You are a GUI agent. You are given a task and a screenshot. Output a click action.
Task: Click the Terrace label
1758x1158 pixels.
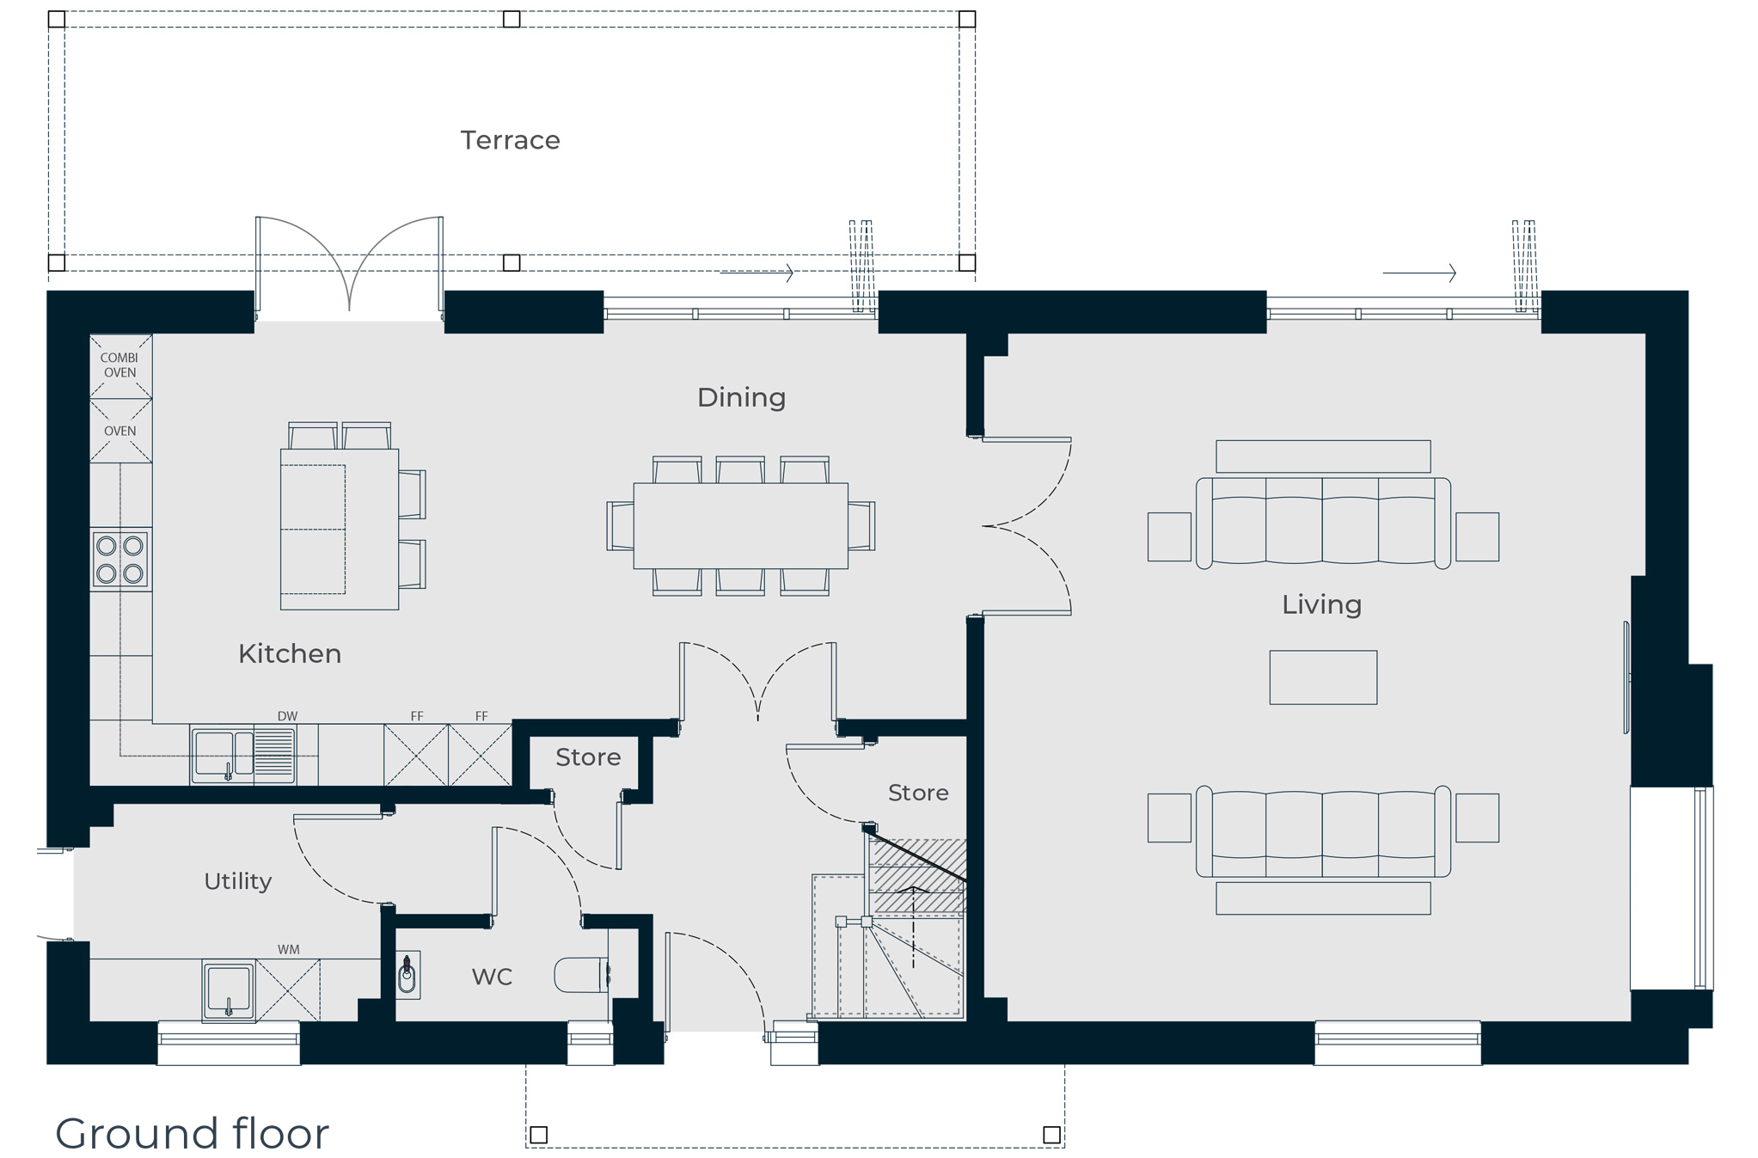(x=510, y=140)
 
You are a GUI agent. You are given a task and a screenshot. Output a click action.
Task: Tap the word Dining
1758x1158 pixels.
(x=741, y=398)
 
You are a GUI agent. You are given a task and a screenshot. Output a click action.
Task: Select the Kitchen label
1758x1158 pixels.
(x=290, y=653)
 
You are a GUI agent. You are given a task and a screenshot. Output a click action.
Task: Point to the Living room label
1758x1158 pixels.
(x=1321, y=605)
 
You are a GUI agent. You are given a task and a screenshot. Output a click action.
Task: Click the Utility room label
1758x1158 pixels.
(x=238, y=881)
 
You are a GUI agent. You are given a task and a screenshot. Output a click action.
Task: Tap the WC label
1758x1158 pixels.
(x=492, y=977)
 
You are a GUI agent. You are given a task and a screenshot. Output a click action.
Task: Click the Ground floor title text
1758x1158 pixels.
(x=192, y=1133)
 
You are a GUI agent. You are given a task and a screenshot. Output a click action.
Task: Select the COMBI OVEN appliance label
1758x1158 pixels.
(x=119, y=365)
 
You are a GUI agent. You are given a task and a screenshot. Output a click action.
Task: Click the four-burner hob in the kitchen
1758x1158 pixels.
(x=120, y=560)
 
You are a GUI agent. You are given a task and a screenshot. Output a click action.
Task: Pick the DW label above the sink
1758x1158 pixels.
(x=287, y=716)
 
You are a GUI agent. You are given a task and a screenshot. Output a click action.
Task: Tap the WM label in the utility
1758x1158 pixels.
(x=289, y=950)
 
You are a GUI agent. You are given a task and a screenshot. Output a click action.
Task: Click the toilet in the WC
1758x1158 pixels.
(x=582, y=975)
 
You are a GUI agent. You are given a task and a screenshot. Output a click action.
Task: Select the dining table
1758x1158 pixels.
(x=740, y=525)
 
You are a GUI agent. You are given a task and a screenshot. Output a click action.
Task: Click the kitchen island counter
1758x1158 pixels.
(x=340, y=529)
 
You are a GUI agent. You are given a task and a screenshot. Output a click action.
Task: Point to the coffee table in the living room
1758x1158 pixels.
(x=1323, y=677)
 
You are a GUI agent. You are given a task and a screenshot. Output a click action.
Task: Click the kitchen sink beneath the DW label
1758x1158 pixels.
(x=243, y=755)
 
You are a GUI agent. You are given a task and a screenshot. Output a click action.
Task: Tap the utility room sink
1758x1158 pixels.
(x=229, y=990)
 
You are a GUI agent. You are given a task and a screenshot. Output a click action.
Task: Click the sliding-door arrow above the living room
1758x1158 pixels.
(x=1419, y=273)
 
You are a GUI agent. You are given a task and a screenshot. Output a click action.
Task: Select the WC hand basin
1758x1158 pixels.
(x=408, y=975)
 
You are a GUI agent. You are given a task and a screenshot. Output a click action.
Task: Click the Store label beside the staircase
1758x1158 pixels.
(x=918, y=793)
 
